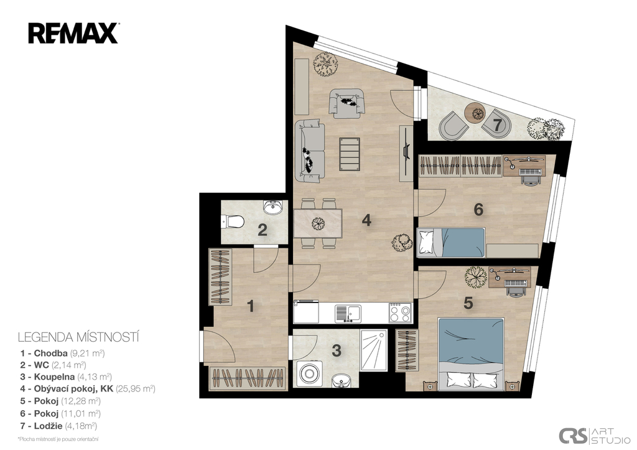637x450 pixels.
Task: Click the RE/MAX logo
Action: tap(73, 33)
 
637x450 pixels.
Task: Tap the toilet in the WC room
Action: tap(233, 222)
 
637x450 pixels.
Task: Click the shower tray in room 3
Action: tap(374, 350)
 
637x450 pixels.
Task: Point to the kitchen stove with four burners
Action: tap(400, 312)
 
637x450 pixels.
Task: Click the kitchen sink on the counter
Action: tap(348, 314)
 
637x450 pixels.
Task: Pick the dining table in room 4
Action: tap(318, 223)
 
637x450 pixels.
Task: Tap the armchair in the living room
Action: tap(346, 103)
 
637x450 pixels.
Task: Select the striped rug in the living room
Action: tap(350, 154)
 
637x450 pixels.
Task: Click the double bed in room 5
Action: tap(471, 354)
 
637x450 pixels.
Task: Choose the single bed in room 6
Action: tap(451, 243)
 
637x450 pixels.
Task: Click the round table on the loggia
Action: tap(475, 113)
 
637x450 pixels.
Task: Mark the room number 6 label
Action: tap(478, 210)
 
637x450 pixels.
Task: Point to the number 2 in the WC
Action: tap(263, 230)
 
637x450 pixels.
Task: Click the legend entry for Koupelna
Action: tap(66, 377)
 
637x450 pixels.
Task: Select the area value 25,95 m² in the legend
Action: tap(135, 389)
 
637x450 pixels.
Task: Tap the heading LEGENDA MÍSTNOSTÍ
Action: tap(78, 337)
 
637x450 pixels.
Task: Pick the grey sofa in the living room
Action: tap(310, 151)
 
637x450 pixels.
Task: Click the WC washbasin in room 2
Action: tap(272, 207)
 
